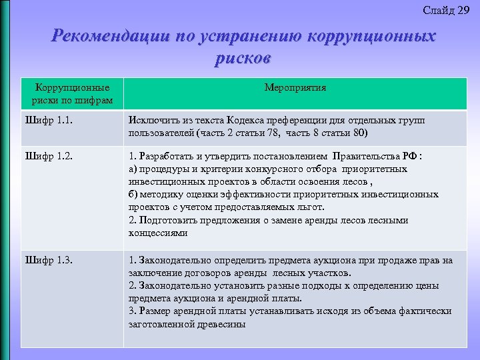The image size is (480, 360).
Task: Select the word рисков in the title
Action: [243, 59]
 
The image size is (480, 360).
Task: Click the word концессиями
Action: [158, 233]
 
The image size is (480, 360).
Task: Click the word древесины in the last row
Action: [223, 324]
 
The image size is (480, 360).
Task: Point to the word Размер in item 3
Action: [153, 311]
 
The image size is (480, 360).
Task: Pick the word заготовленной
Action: [160, 324]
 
